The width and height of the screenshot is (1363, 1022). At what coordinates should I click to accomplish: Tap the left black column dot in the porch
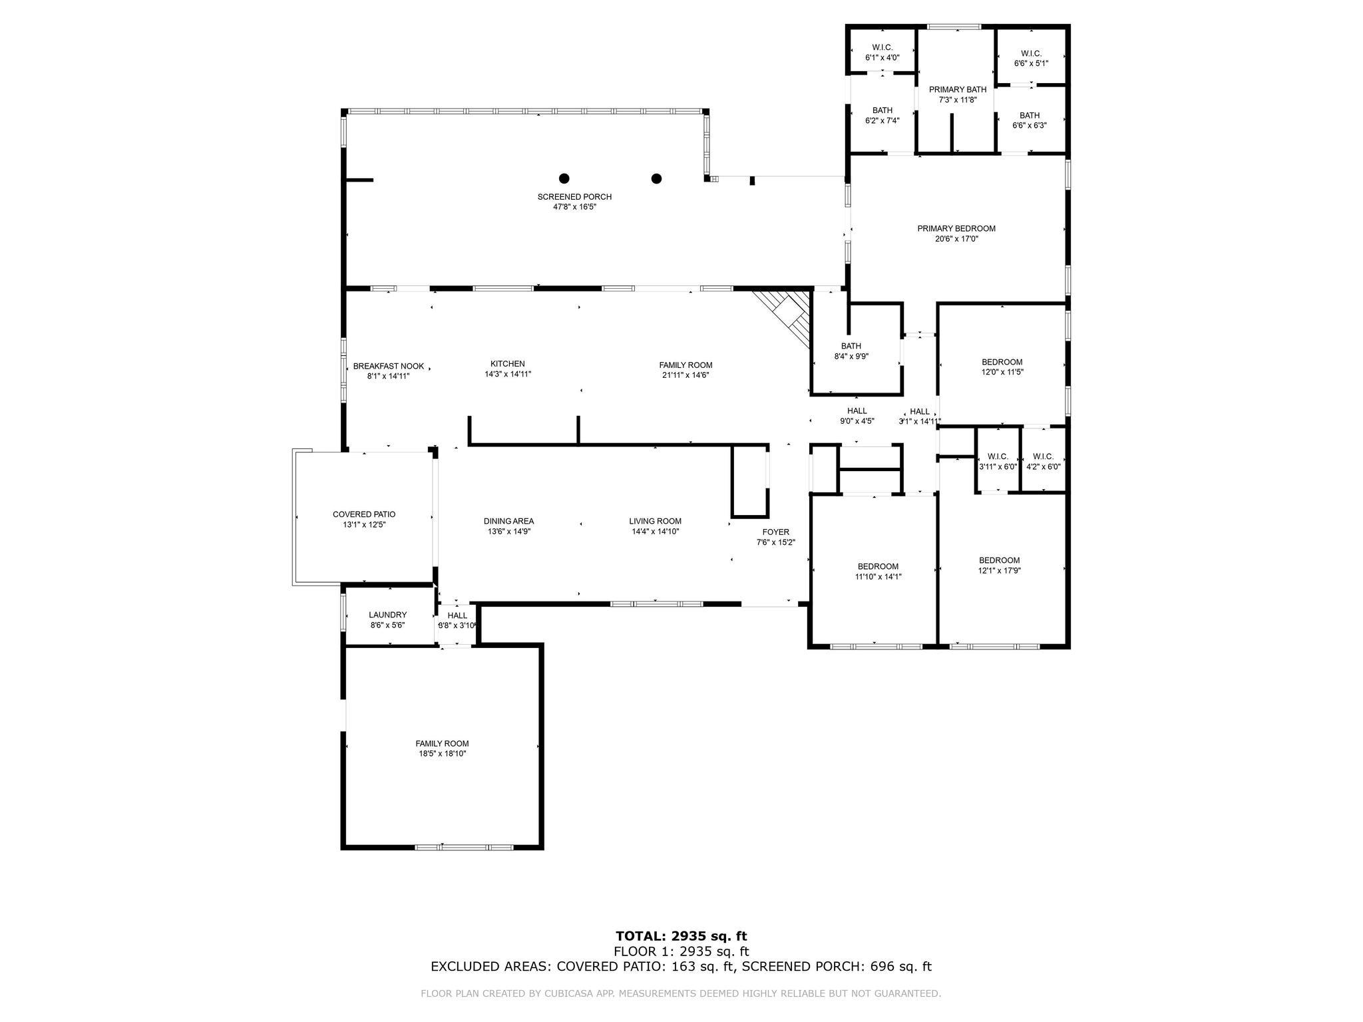tap(564, 178)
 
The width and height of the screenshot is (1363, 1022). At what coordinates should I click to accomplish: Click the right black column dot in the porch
tap(657, 178)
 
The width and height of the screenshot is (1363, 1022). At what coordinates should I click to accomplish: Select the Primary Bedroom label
tap(956, 229)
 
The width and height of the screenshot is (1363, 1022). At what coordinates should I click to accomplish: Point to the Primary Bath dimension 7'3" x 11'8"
tap(958, 100)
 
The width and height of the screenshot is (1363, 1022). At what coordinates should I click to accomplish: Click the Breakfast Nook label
tap(389, 366)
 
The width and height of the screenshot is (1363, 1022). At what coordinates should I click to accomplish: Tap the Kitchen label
tap(508, 364)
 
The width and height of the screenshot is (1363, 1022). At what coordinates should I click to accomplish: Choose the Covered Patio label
tap(364, 514)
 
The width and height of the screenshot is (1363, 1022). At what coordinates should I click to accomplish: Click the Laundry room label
tap(388, 615)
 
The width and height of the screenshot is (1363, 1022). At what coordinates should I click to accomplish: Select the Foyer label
tap(776, 532)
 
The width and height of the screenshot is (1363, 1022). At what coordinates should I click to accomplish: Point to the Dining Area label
tap(509, 521)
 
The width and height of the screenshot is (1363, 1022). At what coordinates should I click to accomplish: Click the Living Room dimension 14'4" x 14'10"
tap(656, 532)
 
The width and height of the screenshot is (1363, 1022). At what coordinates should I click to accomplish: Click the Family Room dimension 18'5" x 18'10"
tap(443, 754)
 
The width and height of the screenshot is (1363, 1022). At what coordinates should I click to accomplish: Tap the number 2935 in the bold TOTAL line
tap(692, 937)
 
